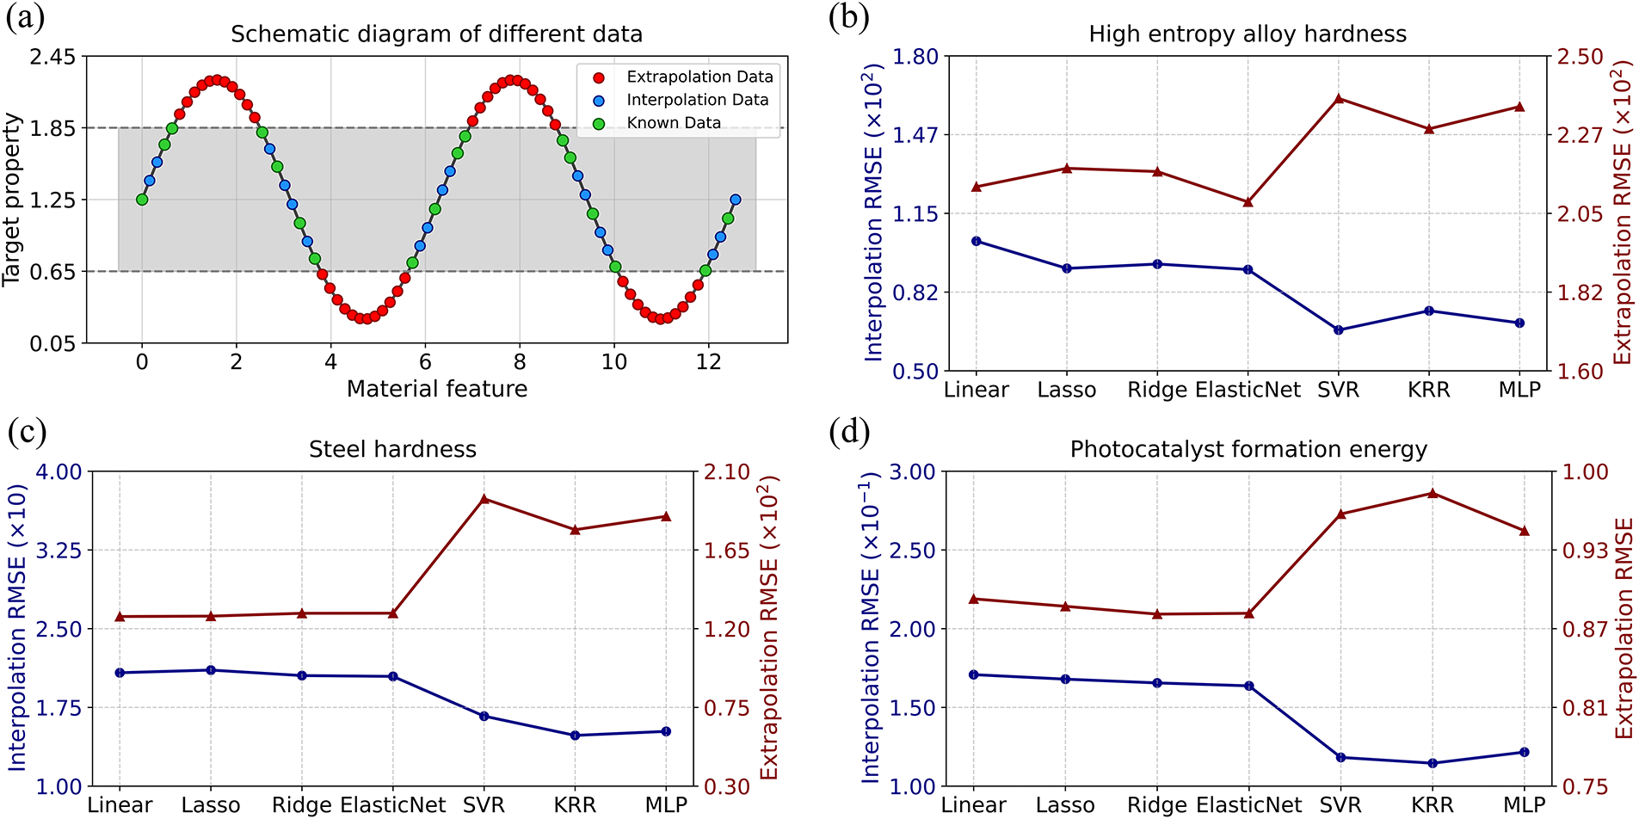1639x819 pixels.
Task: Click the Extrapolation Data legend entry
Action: click(x=699, y=77)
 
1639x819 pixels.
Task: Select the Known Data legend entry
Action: click(x=673, y=123)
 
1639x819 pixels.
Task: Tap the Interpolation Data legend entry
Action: click(x=697, y=100)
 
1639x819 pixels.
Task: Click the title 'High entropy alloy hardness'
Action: click(x=1248, y=34)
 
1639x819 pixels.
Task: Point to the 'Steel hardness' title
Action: click(x=392, y=449)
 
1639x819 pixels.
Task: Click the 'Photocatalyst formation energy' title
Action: click(x=1248, y=449)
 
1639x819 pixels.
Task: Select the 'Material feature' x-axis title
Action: click(x=437, y=389)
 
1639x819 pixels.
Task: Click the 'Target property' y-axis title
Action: click(x=12, y=200)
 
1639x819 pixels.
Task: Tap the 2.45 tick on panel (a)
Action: click(x=52, y=57)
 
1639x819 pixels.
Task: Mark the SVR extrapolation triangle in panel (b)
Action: click(x=1339, y=98)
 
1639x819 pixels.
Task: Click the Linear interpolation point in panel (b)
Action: click(x=977, y=241)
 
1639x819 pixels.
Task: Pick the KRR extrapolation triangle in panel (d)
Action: click(x=1433, y=493)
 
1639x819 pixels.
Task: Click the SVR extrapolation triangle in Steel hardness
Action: click(x=484, y=498)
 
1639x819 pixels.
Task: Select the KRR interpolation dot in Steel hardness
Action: click(x=575, y=736)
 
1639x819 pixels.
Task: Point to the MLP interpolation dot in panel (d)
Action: click(x=1525, y=752)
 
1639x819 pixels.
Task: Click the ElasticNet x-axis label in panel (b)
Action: click(x=1248, y=391)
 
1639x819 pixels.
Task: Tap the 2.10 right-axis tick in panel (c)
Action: click(x=727, y=471)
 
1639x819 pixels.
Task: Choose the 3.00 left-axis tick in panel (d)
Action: click(x=911, y=471)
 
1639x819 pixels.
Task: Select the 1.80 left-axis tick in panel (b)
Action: click(x=915, y=57)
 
